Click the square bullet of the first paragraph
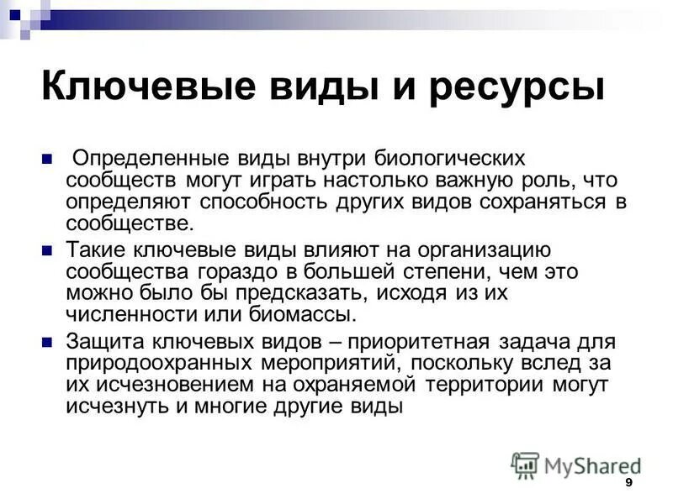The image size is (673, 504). click(x=48, y=158)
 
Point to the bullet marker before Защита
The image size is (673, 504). click(x=48, y=342)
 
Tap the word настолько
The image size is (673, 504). click(x=347, y=180)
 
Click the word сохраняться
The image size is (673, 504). click(x=533, y=202)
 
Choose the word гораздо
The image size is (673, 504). click(x=243, y=272)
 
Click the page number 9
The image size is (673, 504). click(x=629, y=485)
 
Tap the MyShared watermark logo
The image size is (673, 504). click(x=575, y=465)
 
